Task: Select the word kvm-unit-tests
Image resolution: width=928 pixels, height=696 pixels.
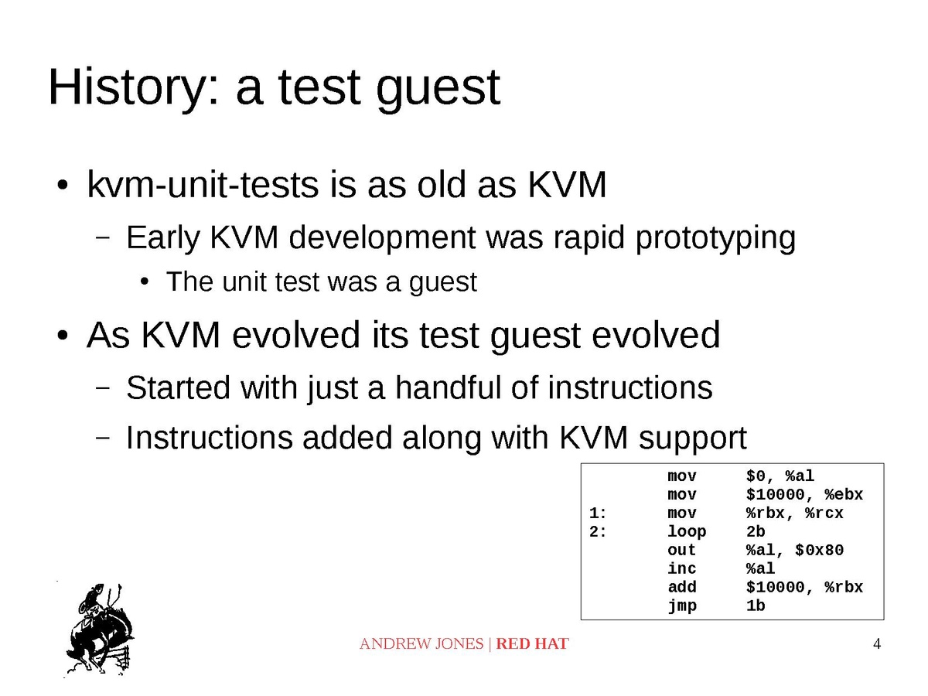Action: [203, 185]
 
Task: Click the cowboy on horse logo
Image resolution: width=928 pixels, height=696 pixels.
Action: [100, 629]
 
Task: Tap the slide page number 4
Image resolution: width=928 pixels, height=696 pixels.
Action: [876, 643]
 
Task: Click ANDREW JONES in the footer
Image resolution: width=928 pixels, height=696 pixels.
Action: [421, 643]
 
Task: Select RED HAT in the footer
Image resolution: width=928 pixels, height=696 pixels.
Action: [532, 643]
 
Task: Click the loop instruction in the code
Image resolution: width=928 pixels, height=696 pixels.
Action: [686, 531]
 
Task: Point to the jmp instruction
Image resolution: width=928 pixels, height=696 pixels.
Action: [681, 606]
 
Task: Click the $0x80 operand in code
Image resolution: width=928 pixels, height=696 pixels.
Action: [819, 550]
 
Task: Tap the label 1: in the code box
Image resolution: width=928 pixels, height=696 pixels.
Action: [598, 513]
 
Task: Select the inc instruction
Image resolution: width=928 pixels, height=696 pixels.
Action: [681, 568]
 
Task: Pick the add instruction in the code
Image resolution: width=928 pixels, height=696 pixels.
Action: [681, 587]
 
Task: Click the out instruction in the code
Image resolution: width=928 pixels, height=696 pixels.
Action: [681, 550]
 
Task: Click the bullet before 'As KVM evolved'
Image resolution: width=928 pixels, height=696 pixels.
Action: [63, 336]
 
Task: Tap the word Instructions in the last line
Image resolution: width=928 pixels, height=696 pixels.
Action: [210, 438]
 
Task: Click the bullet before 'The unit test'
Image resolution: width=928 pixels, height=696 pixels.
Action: [145, 281]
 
